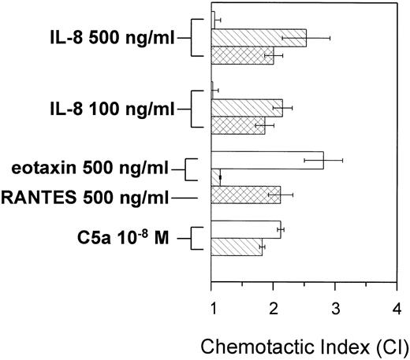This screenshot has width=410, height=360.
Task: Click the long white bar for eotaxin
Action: tap(267, 160)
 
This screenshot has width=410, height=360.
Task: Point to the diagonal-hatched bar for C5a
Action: tap(237, 247)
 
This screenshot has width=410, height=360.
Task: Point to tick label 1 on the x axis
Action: tap(212, 306)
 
